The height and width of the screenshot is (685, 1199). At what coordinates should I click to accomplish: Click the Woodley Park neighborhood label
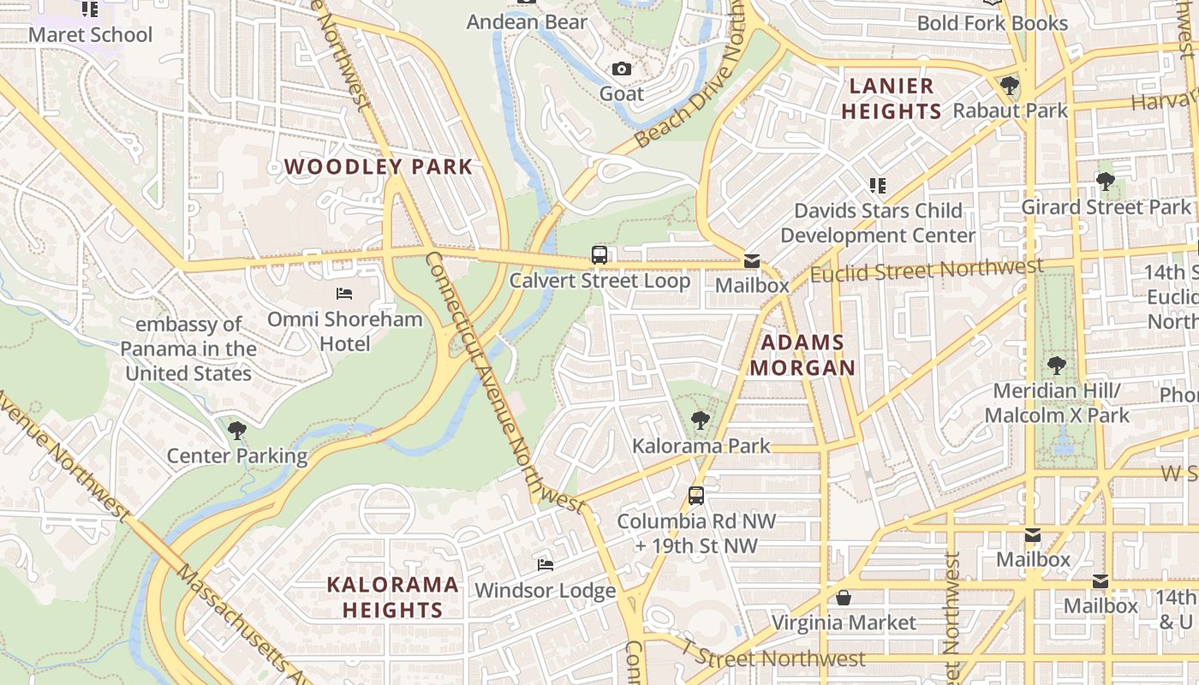pyautogui.click(x=378, y=167)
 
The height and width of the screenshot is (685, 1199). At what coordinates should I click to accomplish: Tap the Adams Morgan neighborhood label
pyautogui.click(x=802, y=355)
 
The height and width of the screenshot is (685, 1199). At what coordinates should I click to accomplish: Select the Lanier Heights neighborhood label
pyautogui.click(x=891, y=98)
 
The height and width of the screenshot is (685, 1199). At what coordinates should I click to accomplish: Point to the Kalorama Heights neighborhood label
pyautogui.click(x=393, y=597)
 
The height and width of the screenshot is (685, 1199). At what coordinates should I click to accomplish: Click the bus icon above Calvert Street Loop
pyautogui.click(x=599, y=254)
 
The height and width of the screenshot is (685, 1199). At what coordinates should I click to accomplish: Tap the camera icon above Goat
pyautogui.click(x=622, y=68)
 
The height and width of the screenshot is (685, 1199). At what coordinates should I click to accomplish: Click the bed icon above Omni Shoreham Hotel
pyautogui.click(x=344, y=294)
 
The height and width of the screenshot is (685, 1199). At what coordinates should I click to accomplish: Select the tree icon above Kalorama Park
pyautogui.click(x=701, y=420)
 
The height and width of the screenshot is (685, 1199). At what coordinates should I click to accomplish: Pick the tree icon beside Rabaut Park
pyautogui.click(x=1010, y=86)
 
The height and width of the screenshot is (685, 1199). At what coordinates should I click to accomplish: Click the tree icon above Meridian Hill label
pyautogui.click(x=1057, y=366)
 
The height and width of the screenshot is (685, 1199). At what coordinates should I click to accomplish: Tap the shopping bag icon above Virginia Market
pyautogui.click(x=844, y=598)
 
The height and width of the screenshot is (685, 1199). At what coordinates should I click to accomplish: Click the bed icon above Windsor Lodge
pyautogui.click(x=545, y=564)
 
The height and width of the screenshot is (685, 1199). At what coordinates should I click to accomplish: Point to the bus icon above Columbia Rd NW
pyautogui.click(x=696, y=495)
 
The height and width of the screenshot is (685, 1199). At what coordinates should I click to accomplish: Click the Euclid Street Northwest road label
pyautogui.click(x=927, y=271)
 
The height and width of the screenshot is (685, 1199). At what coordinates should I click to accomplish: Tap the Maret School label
pyautogui.click(x=90, y=35)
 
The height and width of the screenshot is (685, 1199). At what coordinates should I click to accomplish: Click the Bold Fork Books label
pyautogui.click(x=992, y=23)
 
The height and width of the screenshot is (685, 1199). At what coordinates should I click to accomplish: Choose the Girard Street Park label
pyautogui.click(x=1105, y=207)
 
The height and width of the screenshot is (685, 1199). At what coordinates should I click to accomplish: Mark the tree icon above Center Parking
pyautogui.click(x=237, y=430)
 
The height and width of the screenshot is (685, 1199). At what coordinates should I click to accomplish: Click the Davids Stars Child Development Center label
pyautogui.click(x=877, y=223)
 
